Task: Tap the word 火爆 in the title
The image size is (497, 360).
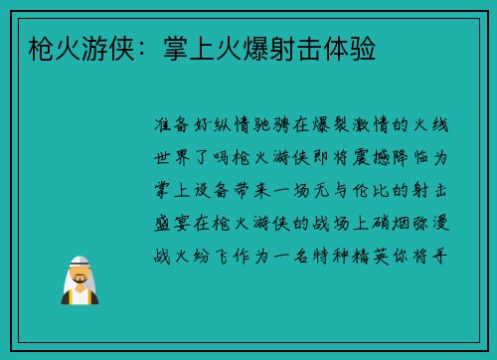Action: (235, 47)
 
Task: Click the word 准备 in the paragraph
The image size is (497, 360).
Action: (175, 126)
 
